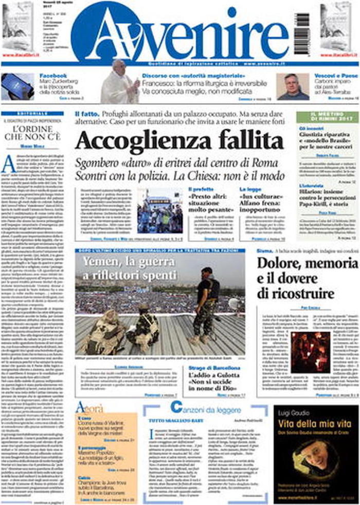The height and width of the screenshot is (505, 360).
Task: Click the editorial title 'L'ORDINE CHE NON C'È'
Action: click(32, 133)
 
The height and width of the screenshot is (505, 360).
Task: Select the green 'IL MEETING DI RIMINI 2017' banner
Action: click(328, 117)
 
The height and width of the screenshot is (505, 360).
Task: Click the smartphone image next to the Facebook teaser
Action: click(17, 86)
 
